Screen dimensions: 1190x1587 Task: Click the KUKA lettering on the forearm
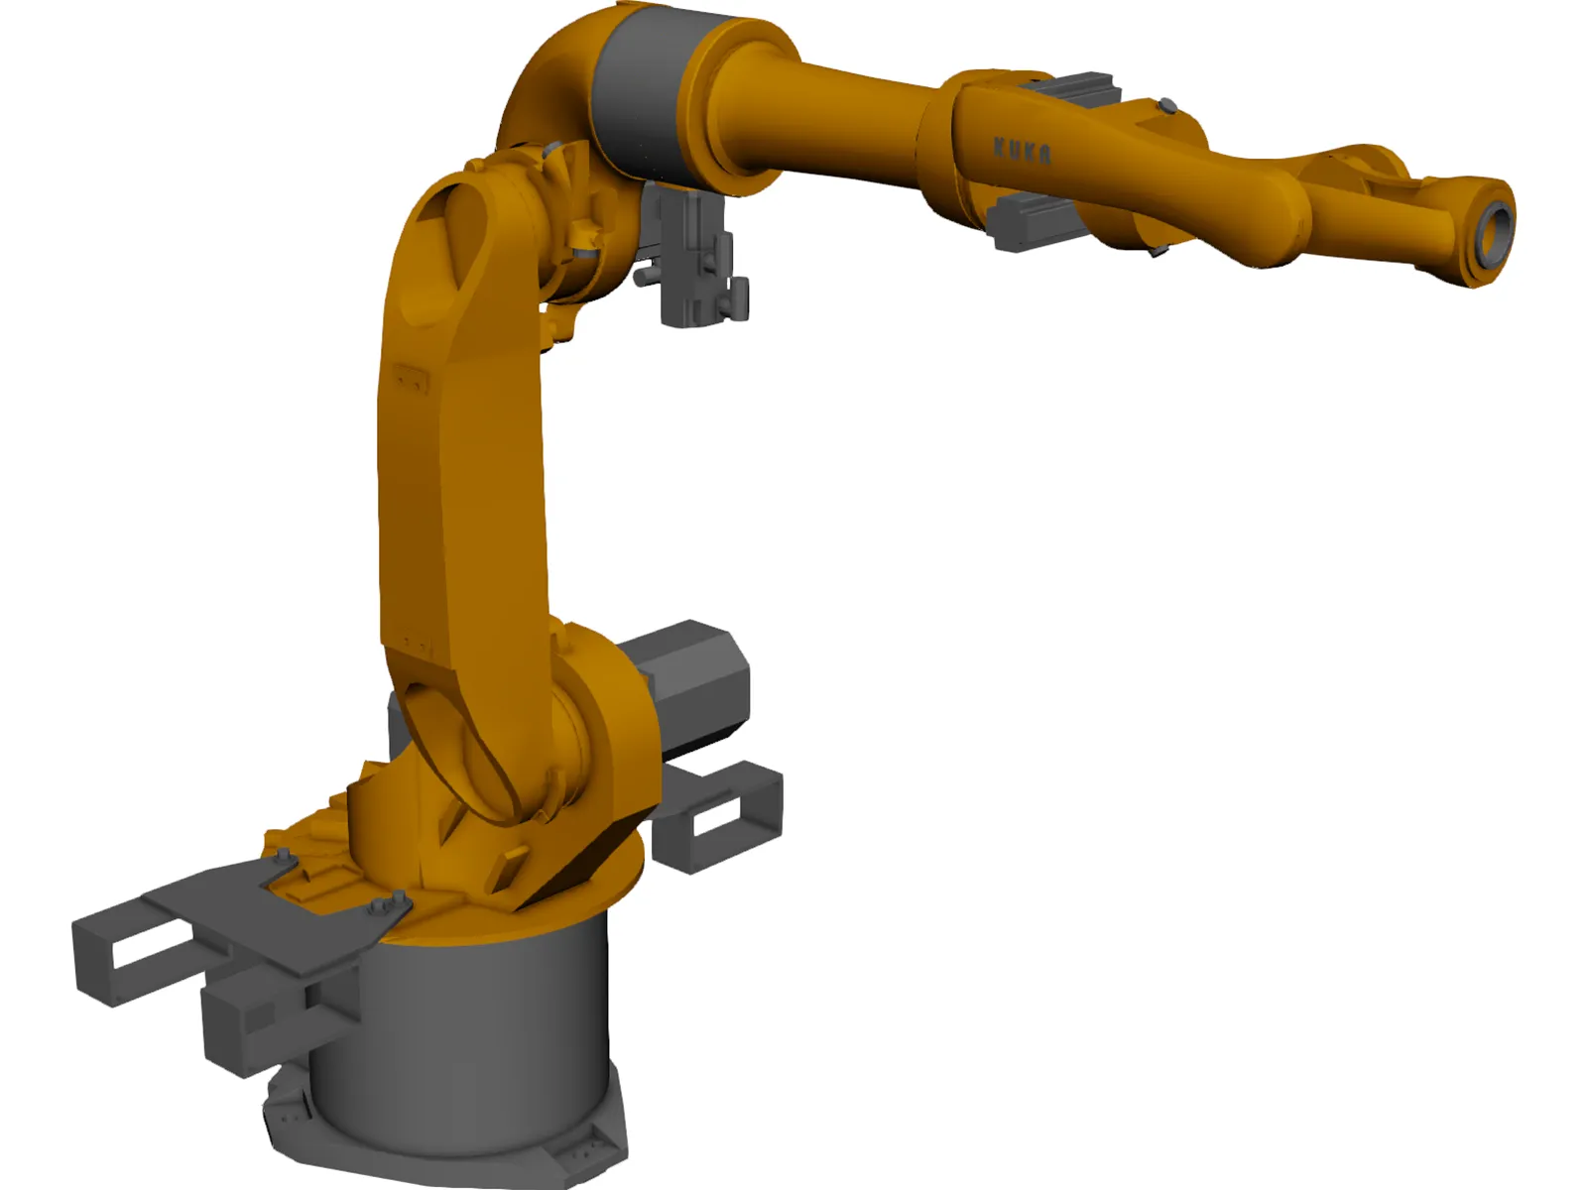click(1022, 150)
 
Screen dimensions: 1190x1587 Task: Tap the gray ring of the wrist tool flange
click(1495, 227)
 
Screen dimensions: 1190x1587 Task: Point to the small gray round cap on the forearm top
click(1167, 105)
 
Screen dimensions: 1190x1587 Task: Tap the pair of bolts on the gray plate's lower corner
click(389, 904)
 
